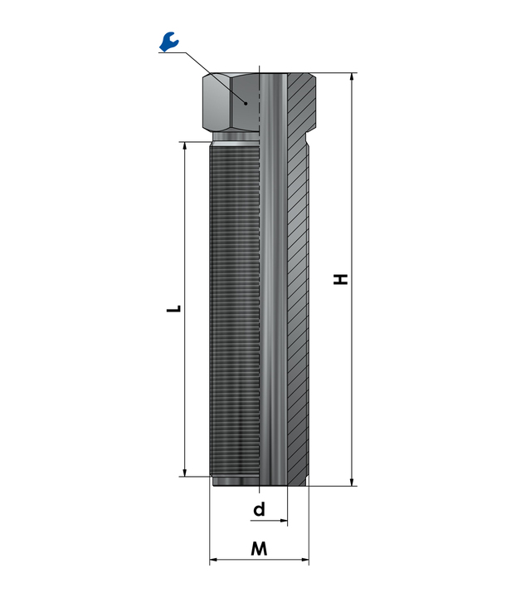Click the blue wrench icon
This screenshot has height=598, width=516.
click(168, 42)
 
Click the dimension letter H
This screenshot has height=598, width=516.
click(341, 279)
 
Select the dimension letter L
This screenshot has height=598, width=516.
click(173, 308)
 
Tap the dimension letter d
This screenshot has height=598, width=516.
click(260, 509)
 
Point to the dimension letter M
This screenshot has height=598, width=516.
click(259, 549)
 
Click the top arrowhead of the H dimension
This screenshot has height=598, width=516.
click(353, 76)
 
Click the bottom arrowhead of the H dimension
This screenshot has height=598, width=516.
click(353, 482)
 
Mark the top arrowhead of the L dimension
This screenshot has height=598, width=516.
click(185, 147)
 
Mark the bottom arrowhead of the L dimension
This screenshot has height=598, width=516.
click(185, 472)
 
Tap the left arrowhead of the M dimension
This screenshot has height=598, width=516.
click(214, 560)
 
